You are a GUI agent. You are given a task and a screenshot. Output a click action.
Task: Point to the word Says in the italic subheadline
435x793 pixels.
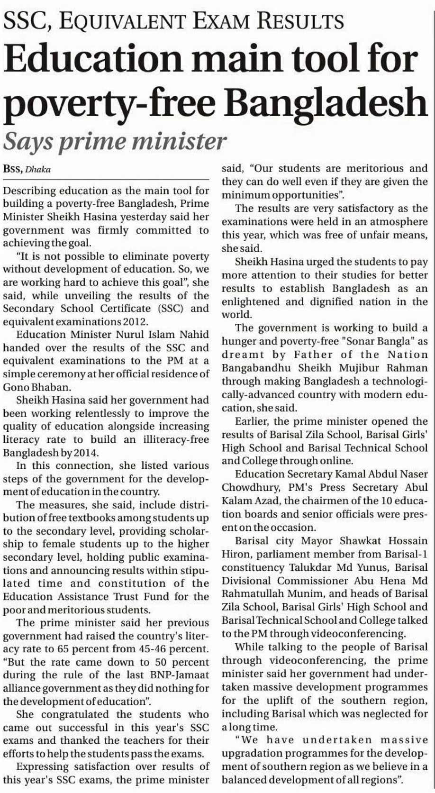pos(28,141)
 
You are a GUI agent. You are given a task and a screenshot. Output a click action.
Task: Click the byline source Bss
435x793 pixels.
pos(12,169)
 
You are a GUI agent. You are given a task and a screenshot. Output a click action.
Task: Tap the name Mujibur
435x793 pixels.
pos(358,368)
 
